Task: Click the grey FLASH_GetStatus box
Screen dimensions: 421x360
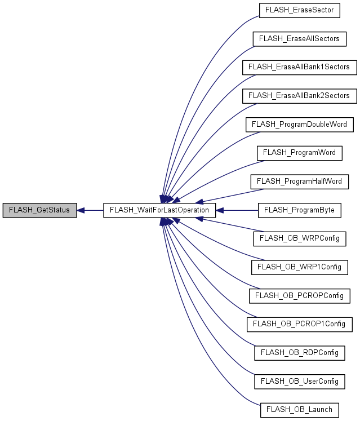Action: pos(39,210)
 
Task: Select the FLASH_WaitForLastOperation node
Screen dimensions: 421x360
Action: pos(159,210)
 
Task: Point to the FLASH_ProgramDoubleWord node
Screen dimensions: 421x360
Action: pos(299,124)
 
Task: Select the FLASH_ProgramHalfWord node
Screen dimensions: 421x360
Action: pos(299,181)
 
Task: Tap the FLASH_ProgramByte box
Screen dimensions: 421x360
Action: pos(299,210)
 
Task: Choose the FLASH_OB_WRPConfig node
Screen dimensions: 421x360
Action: pos(299,238)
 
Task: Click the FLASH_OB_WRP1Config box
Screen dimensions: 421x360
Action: pos(299,267)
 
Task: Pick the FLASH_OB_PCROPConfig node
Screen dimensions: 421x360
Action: pos(299,295)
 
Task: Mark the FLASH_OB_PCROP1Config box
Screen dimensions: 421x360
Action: pos(299,324)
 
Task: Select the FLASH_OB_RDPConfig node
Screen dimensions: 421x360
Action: pos(299,353)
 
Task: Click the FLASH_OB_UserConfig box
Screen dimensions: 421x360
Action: pos(299,382)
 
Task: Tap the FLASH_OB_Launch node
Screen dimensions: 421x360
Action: pos(299,410)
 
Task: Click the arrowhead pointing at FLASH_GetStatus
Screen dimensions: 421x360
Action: pos(81,210)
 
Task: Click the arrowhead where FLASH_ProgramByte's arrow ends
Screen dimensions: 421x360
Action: pos(220,210)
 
